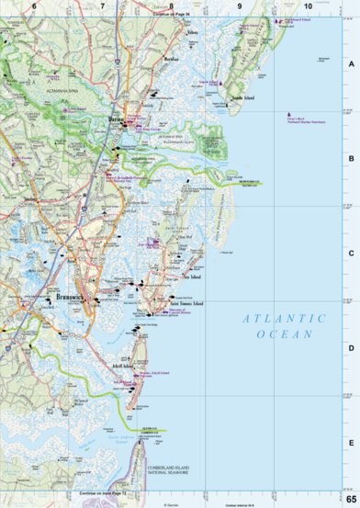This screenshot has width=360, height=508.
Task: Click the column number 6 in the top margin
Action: (x=33, y=6)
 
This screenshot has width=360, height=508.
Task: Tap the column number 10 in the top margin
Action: (x=307, y=6)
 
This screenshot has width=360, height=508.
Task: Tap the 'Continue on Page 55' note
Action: (x=170, y=14)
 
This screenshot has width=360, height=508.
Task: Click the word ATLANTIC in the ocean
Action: (x=284, y=318)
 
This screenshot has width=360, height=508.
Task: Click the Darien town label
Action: (x=116, y=119)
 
